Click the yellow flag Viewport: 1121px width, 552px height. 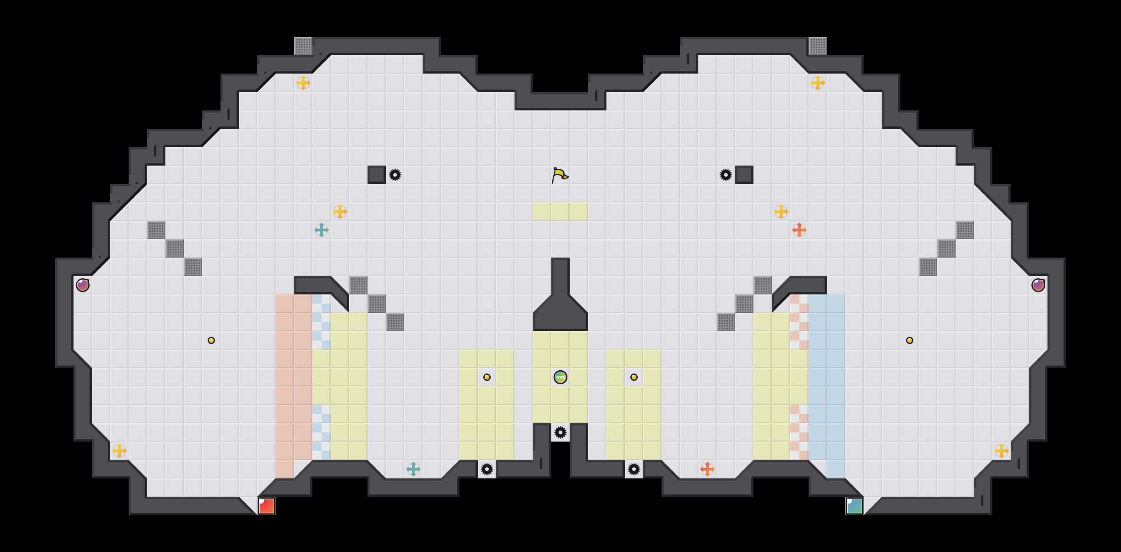click(x=560, y=175)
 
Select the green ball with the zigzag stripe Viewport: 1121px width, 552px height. click(x=560, y=377)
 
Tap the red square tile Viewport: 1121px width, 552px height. click(x=266, y=506)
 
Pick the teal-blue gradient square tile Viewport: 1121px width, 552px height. click(x=855, y=506)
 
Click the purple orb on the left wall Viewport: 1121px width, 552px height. click(x=83, y=285)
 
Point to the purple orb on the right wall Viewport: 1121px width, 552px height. click(x=1038, y=285)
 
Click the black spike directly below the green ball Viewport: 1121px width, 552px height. click(x=560, y=432)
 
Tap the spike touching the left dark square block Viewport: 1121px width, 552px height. click(x=395, y=175)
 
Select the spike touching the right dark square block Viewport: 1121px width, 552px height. click(x=726, y=175)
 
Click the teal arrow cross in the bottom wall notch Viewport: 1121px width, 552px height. click(x=413, y=469)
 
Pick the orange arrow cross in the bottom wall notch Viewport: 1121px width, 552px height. click(x=708, y=469)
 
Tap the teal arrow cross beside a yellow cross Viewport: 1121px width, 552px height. click(x=322, y=230)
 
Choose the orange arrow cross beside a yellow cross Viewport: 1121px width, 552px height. click(x=799, y=230)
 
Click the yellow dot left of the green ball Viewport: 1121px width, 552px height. click(x=487, y=377)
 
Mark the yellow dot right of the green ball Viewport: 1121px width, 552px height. click(x=634, y=377)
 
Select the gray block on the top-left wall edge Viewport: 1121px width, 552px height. click(x=303, y=46)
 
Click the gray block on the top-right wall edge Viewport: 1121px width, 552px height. click(x=818, y=46)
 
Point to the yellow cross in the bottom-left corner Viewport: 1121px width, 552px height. click(x=119, y=451)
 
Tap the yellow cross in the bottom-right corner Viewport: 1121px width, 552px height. click(x=1002, y=451)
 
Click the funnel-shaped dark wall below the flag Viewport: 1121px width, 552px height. click(x=560, y=308)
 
